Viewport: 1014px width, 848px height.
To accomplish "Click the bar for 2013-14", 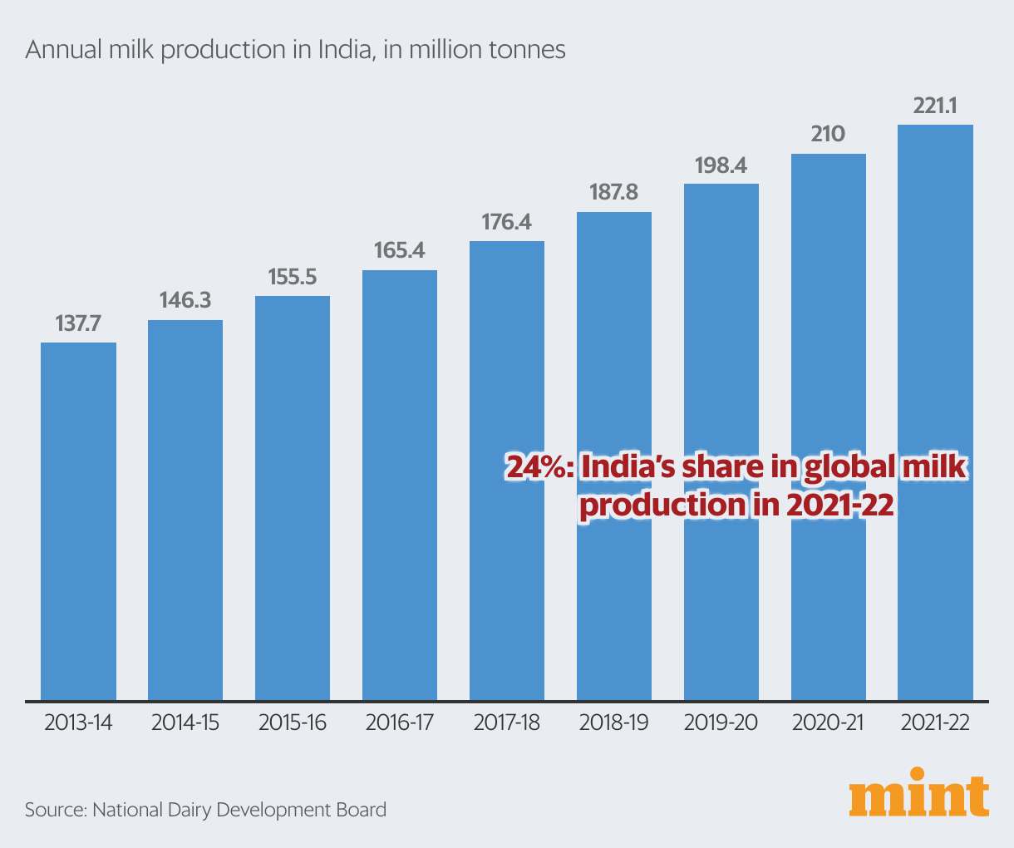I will (x=78, y=521).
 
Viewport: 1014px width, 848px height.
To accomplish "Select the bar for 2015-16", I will (x=293, y=498).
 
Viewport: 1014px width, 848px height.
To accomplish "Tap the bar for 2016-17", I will (x=400, y=485).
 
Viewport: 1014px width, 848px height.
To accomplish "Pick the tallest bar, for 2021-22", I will (x=935, y=412).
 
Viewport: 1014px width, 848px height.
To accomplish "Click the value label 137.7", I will (x=78, y=324).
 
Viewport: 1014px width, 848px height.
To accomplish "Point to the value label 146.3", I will (x=185, y=301).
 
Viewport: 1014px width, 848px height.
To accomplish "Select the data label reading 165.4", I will (x=400, y=250).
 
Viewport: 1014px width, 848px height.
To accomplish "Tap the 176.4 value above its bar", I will (x=507, y=222).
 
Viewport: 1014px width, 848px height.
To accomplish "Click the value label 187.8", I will (x=613, y=193).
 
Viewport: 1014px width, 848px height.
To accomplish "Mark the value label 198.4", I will (x=721, y=165).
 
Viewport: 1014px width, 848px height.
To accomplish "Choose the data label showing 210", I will (x=828, y=135).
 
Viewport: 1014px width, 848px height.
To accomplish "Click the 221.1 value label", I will (x=935, y=106).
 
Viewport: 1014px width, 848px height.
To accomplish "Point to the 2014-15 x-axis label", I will (x=185, y=722).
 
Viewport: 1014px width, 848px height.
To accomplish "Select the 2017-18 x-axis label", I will (x=507, y=722).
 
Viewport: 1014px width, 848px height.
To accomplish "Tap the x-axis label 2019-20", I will (x=721, y=722).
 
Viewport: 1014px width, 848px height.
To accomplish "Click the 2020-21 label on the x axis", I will (x=828, y=722).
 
